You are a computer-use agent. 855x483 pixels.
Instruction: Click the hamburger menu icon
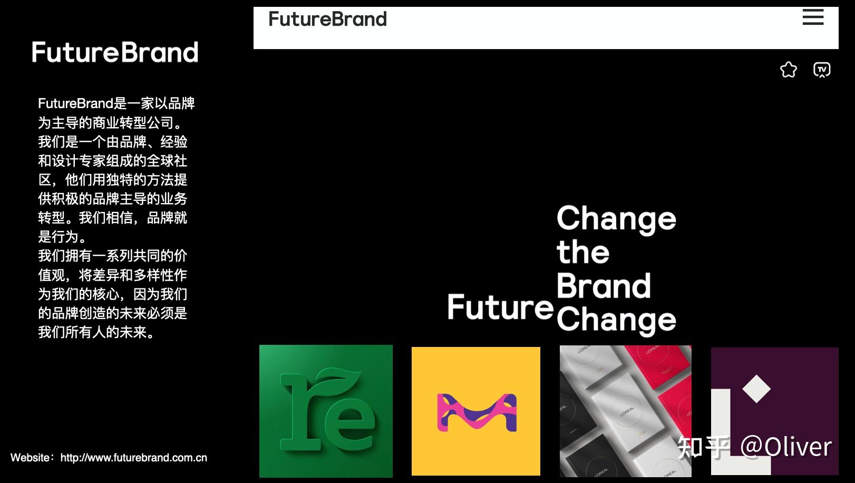(813, 17)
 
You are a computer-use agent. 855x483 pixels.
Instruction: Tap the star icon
(788, 70)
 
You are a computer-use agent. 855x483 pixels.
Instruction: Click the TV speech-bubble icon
(822, 70)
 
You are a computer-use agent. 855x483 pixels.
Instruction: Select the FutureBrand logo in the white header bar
(327, 19)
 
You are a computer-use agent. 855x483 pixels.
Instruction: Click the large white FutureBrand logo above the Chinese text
(115, 52)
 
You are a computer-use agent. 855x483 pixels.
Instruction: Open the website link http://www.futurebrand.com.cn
(133, 457)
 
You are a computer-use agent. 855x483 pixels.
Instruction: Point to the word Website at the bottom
(30, 457)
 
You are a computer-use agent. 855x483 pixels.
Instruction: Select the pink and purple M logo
(477, 412)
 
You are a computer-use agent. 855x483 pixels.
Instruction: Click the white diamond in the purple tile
(756, 389)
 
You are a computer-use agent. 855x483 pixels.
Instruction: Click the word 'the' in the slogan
(583, 252)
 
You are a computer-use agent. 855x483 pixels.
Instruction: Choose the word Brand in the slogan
(604, 286)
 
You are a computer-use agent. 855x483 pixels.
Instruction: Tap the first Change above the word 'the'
(616, 219)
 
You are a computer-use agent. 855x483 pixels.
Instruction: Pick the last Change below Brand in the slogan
(616, 321)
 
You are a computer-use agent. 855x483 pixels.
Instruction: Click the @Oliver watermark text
(786, 447)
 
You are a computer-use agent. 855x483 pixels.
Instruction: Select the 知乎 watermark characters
(704, 447)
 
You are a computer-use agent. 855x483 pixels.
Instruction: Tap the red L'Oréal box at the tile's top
(658, 359)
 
